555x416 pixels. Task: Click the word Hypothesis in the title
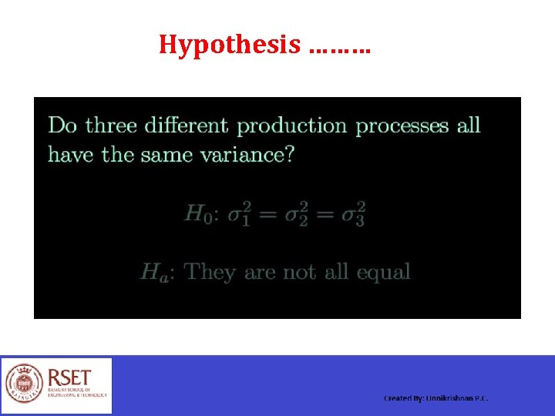coord(230,45)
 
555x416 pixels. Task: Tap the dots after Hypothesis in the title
coord(338,48)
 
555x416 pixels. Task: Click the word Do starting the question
coord(63,125)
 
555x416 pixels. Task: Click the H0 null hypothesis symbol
coord(197,213)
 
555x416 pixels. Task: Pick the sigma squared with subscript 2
coord(294,213)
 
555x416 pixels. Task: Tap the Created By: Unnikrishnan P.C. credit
coord(436,398)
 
